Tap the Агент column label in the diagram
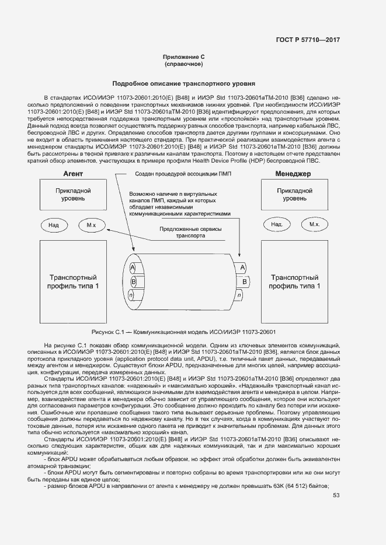[x=73, y=174]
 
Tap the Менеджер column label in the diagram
[x=293, y=174]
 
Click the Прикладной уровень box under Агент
[x=73, y=195]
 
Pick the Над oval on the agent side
[x=53, y=224]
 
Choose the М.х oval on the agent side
[x=91, y=224]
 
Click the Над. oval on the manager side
[x=277, y=224]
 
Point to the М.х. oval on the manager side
[x=314, y=224]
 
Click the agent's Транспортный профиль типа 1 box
[x=73, y=282]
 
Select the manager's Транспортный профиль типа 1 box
[x=294, y=282]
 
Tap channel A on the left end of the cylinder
[x=133, y=268]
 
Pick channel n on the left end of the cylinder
[x=133, y=297]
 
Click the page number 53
[x=336, y=495]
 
